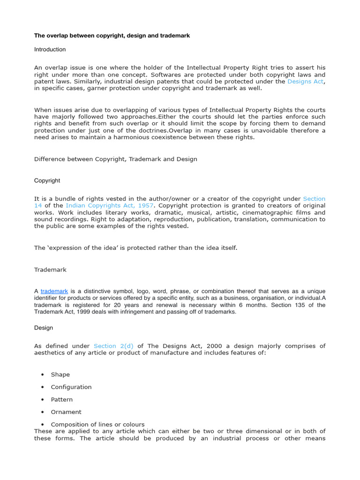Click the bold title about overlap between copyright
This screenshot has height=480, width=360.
(x=112, y=36)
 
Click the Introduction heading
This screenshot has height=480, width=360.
(x=50, y=49)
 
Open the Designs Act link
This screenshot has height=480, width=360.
(x=305, y=82)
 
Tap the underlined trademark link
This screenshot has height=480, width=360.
(x=54, y=291)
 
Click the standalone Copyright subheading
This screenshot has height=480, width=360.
(x=47, y=180)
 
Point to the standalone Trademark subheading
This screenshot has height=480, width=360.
(x=51, y=270)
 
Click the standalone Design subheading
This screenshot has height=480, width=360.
(x=44, y=328)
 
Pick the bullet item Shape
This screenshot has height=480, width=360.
(x=60, y=375)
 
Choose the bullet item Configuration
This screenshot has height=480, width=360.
(x=71, y=387)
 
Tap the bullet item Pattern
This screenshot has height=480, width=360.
(x=62, y=399)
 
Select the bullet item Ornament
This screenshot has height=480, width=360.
(x=66, y=412)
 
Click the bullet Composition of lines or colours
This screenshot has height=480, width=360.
(x=97, y=424)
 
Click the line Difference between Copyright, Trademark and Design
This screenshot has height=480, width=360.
(x=116, y=159)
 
